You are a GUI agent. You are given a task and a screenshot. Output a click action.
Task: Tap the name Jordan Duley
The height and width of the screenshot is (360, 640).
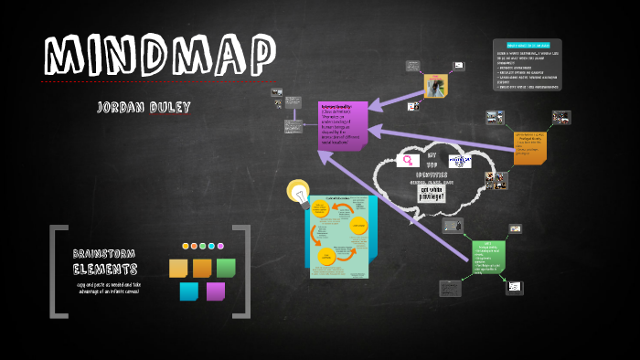[144, 108]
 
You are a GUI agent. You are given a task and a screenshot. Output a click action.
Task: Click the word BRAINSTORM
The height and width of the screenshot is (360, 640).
[105, 253]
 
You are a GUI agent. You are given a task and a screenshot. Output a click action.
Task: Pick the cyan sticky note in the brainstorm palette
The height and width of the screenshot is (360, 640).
[189, 291]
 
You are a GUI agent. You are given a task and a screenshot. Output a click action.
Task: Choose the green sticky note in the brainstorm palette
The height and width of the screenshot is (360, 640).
[226, 268]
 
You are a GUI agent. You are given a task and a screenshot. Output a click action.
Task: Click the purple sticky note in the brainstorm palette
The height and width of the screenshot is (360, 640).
[216, 291]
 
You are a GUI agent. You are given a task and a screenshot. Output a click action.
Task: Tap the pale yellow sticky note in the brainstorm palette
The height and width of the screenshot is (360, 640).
[178, 268]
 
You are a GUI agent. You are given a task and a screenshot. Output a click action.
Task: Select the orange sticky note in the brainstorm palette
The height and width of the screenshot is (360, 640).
[202, 268]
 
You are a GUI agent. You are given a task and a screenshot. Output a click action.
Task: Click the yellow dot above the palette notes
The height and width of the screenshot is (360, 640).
[186, 246]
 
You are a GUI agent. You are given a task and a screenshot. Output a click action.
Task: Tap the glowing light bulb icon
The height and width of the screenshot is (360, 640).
[299, 192]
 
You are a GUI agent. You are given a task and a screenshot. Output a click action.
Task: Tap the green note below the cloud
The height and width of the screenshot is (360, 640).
[488, 261]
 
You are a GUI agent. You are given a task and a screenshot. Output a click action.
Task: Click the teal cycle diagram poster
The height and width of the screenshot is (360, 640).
[338, 237]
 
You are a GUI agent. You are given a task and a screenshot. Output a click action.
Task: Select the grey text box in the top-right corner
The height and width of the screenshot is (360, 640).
[528, 64]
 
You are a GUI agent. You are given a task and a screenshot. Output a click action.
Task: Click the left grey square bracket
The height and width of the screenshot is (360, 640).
[57, 271]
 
